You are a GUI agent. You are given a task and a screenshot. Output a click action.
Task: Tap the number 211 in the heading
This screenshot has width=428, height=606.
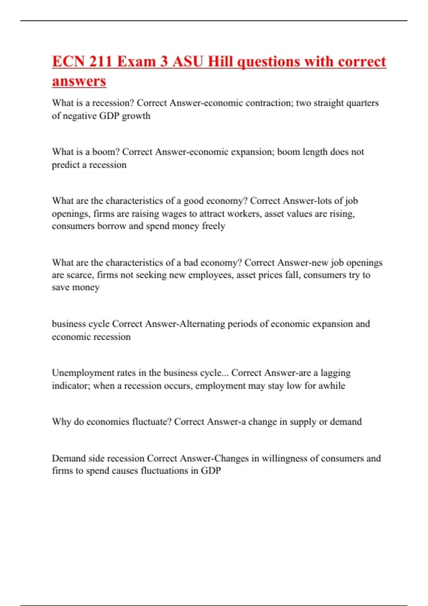tap(101, 62)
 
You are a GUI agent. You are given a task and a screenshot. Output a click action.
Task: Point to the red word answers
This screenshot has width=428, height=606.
tap(79, 81)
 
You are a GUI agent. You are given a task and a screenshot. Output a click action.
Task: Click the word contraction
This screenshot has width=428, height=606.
tap(268, 103)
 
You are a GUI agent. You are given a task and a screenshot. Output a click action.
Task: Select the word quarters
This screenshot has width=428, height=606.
tap(362, 103)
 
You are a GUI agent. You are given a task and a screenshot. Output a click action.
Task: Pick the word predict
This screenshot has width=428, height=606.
tap(66, 165)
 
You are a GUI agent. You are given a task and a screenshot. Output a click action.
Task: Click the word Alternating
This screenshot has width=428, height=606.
tap(202, 324)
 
